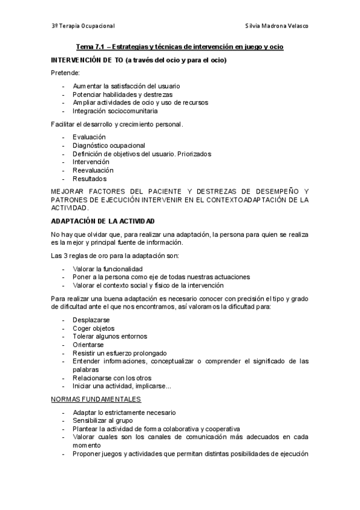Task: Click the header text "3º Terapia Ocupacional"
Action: click(x=83, y=26)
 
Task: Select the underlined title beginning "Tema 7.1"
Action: click(x=180, y=46)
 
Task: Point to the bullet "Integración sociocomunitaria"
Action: click(x=115, y=111)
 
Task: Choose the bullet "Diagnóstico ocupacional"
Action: click(x=109, y=146)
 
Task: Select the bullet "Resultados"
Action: click(x=90, y=179)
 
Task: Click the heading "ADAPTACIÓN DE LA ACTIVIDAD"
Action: click(x=103, y=221)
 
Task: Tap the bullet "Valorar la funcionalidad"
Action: click(x=112, y=269)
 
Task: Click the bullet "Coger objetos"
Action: click(x=94, y=328)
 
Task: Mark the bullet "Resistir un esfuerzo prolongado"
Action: click(x=120, y=353)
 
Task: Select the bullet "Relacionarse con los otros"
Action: click(x=112, y=378)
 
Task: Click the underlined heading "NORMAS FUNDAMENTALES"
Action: click(x=96, y=399)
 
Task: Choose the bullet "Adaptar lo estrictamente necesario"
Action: click(x=124, y=413)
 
